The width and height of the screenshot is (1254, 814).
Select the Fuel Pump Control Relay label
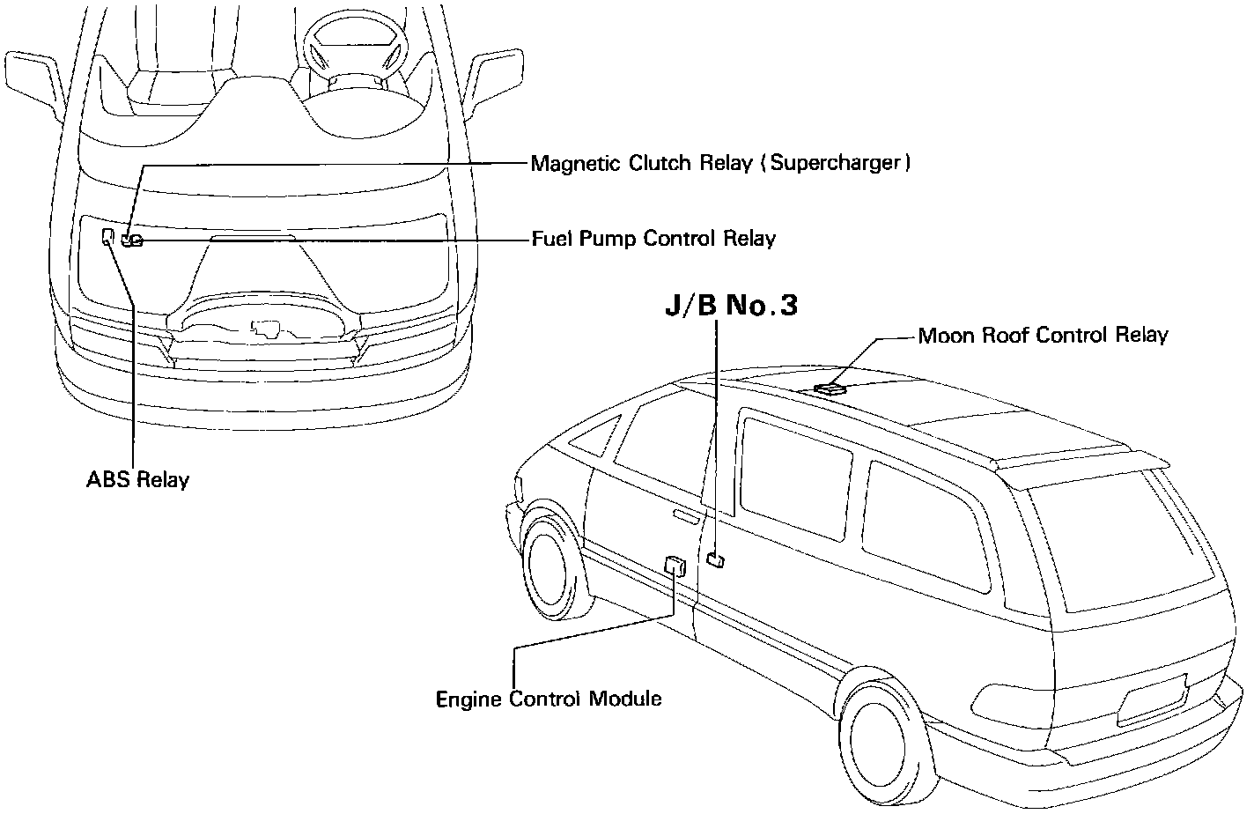(653, 239)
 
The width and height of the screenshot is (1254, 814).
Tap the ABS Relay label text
(137, 480)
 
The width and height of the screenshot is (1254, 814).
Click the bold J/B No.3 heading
(730, 306)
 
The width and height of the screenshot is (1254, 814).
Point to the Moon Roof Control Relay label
(1043, 336)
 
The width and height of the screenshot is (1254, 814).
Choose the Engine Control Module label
(549, 699)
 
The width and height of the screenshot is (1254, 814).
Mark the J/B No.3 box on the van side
(716, 559)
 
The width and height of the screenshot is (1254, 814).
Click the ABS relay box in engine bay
(107, 236)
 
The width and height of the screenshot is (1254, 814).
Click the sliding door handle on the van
(687, 514)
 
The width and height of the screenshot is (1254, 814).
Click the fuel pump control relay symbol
(132, 240)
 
